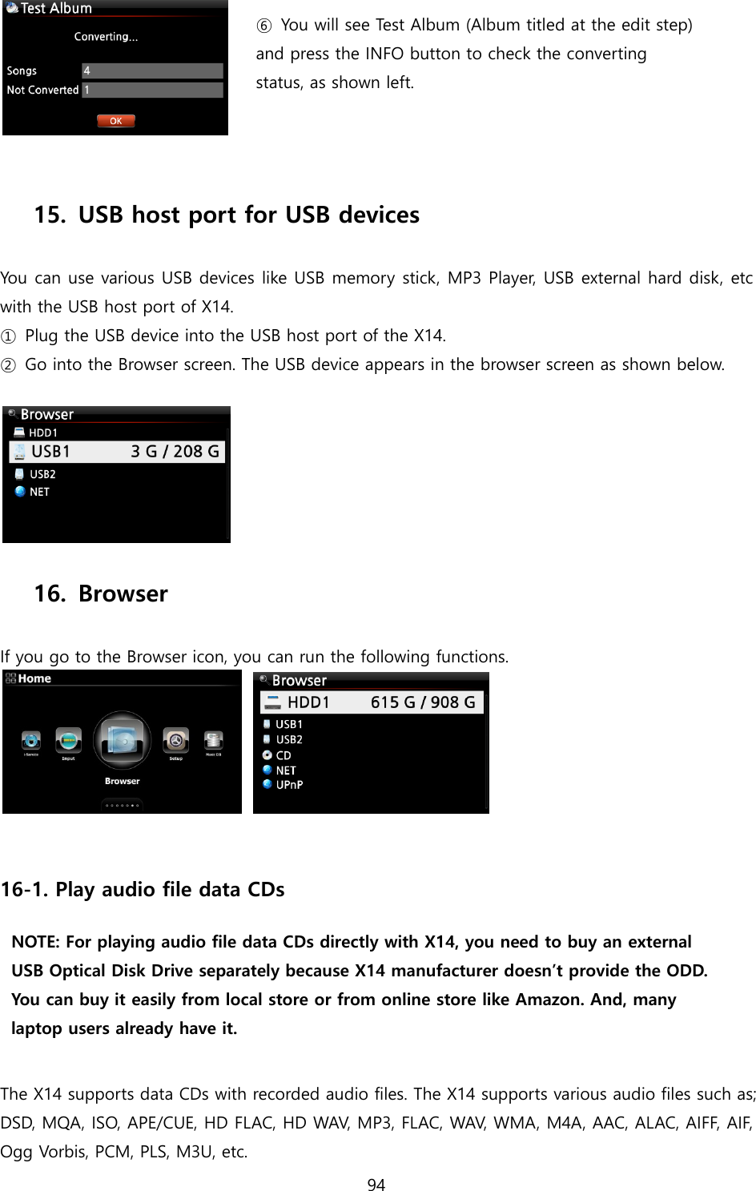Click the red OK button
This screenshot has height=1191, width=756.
tap(116, 121)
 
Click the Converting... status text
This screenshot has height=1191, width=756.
tap(106, 37)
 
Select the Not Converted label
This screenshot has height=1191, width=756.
tap(42, 90)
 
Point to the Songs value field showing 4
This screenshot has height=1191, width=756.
tap(152, 70)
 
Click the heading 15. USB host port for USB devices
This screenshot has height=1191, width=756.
tap(227, 215)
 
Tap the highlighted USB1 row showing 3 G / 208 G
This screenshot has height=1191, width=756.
tap(117, 452)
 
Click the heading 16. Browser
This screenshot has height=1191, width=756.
tap(101, 593)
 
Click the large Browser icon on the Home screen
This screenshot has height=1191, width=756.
tap(122, 741)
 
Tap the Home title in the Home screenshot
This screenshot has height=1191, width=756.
tap(34, 678)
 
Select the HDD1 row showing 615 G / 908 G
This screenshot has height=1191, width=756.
tap(372, 702)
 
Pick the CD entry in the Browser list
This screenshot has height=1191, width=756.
tap(283, 755)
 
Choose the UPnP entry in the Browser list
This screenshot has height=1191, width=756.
tap(288, 785)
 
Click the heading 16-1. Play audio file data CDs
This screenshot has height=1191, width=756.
tap(143, 890)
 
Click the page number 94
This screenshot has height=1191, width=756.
tap(376, 1185)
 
